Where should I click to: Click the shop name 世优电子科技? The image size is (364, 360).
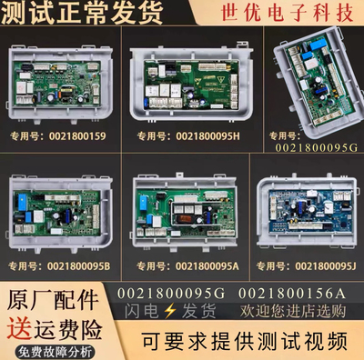click(296, 18)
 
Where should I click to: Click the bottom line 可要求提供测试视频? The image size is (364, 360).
click(231, 341)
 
